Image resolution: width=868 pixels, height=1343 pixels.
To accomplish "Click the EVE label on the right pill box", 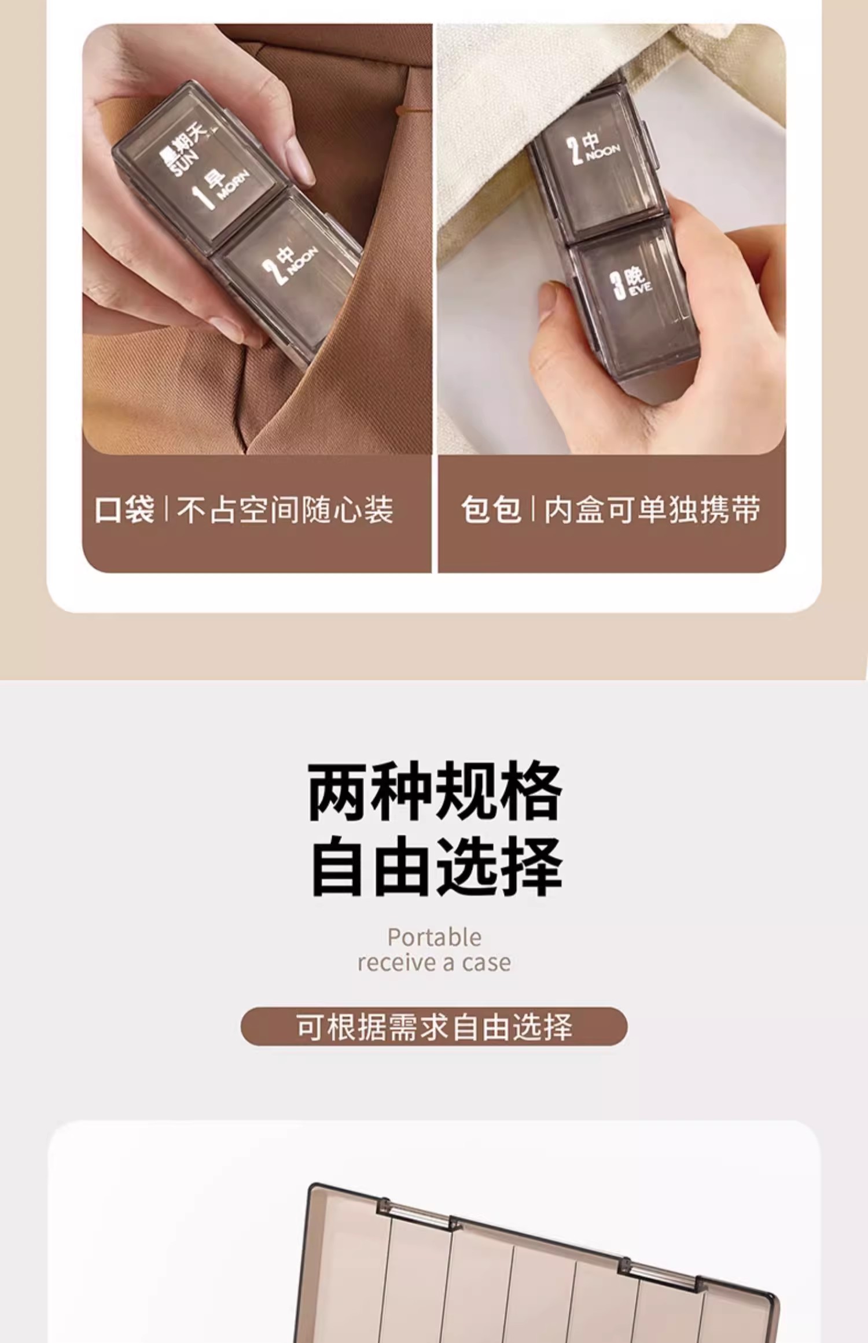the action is click(640, 288).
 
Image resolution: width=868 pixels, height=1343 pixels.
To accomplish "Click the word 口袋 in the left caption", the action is click(125, 510).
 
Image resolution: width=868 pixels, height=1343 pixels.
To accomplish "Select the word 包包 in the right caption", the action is click(491, 510).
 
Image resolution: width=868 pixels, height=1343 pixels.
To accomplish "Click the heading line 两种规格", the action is click(435, 791).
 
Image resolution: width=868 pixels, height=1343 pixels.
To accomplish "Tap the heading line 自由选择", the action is click(437, 866).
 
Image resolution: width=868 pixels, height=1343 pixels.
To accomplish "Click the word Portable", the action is click(434, 938).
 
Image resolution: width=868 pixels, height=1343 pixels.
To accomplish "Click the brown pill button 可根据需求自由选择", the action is click(434, 1026).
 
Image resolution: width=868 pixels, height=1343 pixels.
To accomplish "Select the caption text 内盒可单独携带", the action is click(653, 510).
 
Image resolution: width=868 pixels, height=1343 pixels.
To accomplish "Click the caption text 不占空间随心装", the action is click(285, 510).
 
